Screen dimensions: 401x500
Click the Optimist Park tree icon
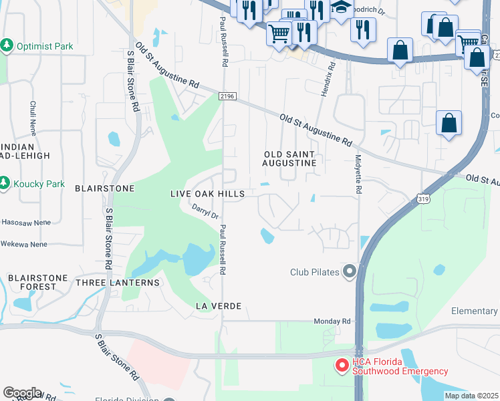(7, 46)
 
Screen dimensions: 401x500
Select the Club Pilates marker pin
(348, 271)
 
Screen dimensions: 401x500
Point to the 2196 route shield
(227, 97)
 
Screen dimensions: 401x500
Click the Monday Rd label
(332, 321)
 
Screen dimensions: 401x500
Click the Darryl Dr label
(206, 212)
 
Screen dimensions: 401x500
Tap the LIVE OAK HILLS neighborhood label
(207, 193)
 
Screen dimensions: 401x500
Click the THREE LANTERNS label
(118, 283)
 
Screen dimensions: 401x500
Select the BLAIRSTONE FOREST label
(32, 282)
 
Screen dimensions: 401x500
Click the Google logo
(22, 393)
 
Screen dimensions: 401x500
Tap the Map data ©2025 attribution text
(471, 396)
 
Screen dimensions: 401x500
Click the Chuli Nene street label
(32, 116)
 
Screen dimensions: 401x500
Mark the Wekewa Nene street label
(24, 245)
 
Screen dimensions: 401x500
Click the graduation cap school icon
(342, 8)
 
